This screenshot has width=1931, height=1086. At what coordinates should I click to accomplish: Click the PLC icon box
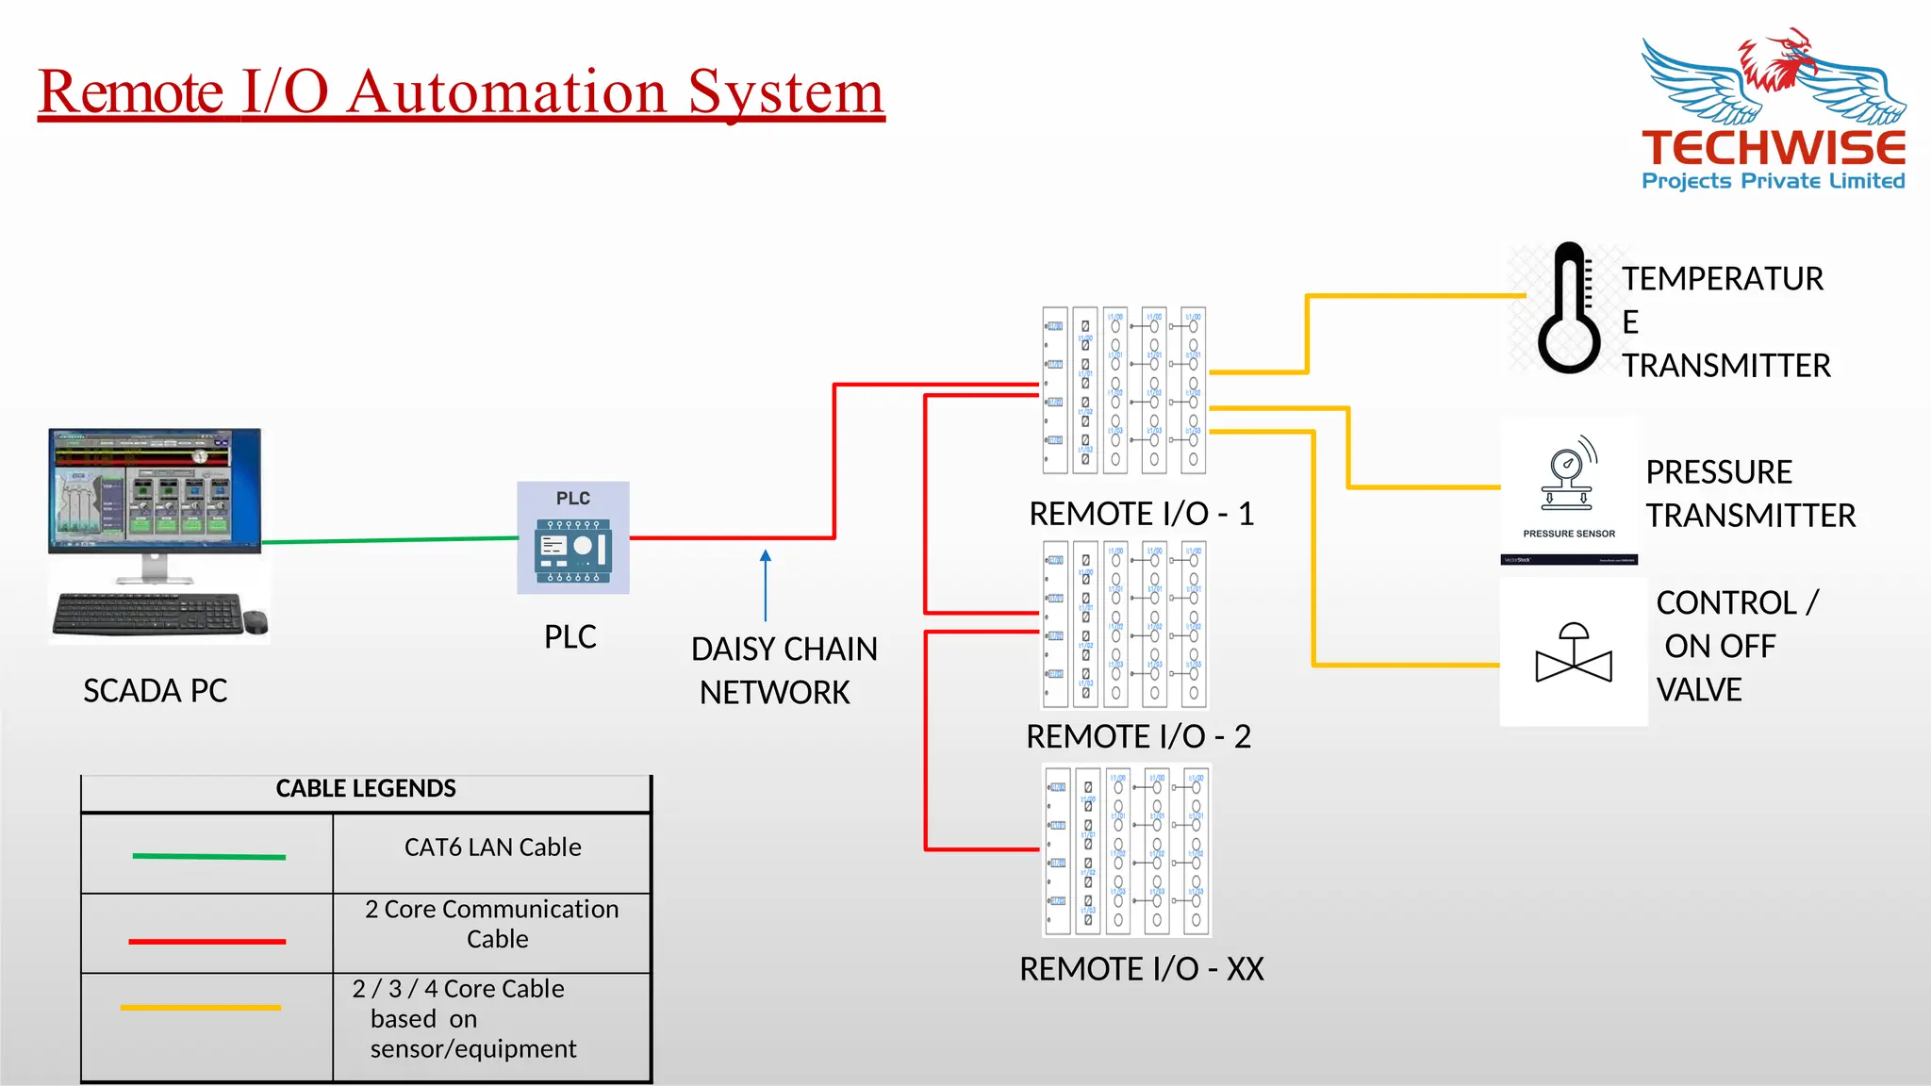[x=572, y=538]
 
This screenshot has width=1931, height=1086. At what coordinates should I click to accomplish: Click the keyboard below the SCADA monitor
[x=148, y=614]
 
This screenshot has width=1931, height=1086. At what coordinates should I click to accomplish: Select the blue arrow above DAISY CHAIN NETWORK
[x=766, y=584]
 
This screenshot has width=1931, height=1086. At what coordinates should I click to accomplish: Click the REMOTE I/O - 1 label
[x=1141, y=514]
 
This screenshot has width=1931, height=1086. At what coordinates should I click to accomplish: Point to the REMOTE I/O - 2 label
[x=1138, y=736]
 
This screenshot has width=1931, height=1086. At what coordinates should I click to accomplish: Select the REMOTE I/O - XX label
[x=1141, y=969]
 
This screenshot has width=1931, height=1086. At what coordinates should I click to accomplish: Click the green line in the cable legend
[x=208, y=856]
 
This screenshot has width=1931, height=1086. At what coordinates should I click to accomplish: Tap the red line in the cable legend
[x=206, y=941]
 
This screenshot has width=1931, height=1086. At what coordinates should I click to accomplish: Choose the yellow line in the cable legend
[x=201, y=1008]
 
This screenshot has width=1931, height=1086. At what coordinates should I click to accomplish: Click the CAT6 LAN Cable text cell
[x=492, y=847]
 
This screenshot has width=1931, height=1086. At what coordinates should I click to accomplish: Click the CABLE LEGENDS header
[x=366, y=789]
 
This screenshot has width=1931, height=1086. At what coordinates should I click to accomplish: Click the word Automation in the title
[x=508, y=92]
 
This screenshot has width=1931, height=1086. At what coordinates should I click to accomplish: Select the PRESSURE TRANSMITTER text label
[x=1750, y=493]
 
